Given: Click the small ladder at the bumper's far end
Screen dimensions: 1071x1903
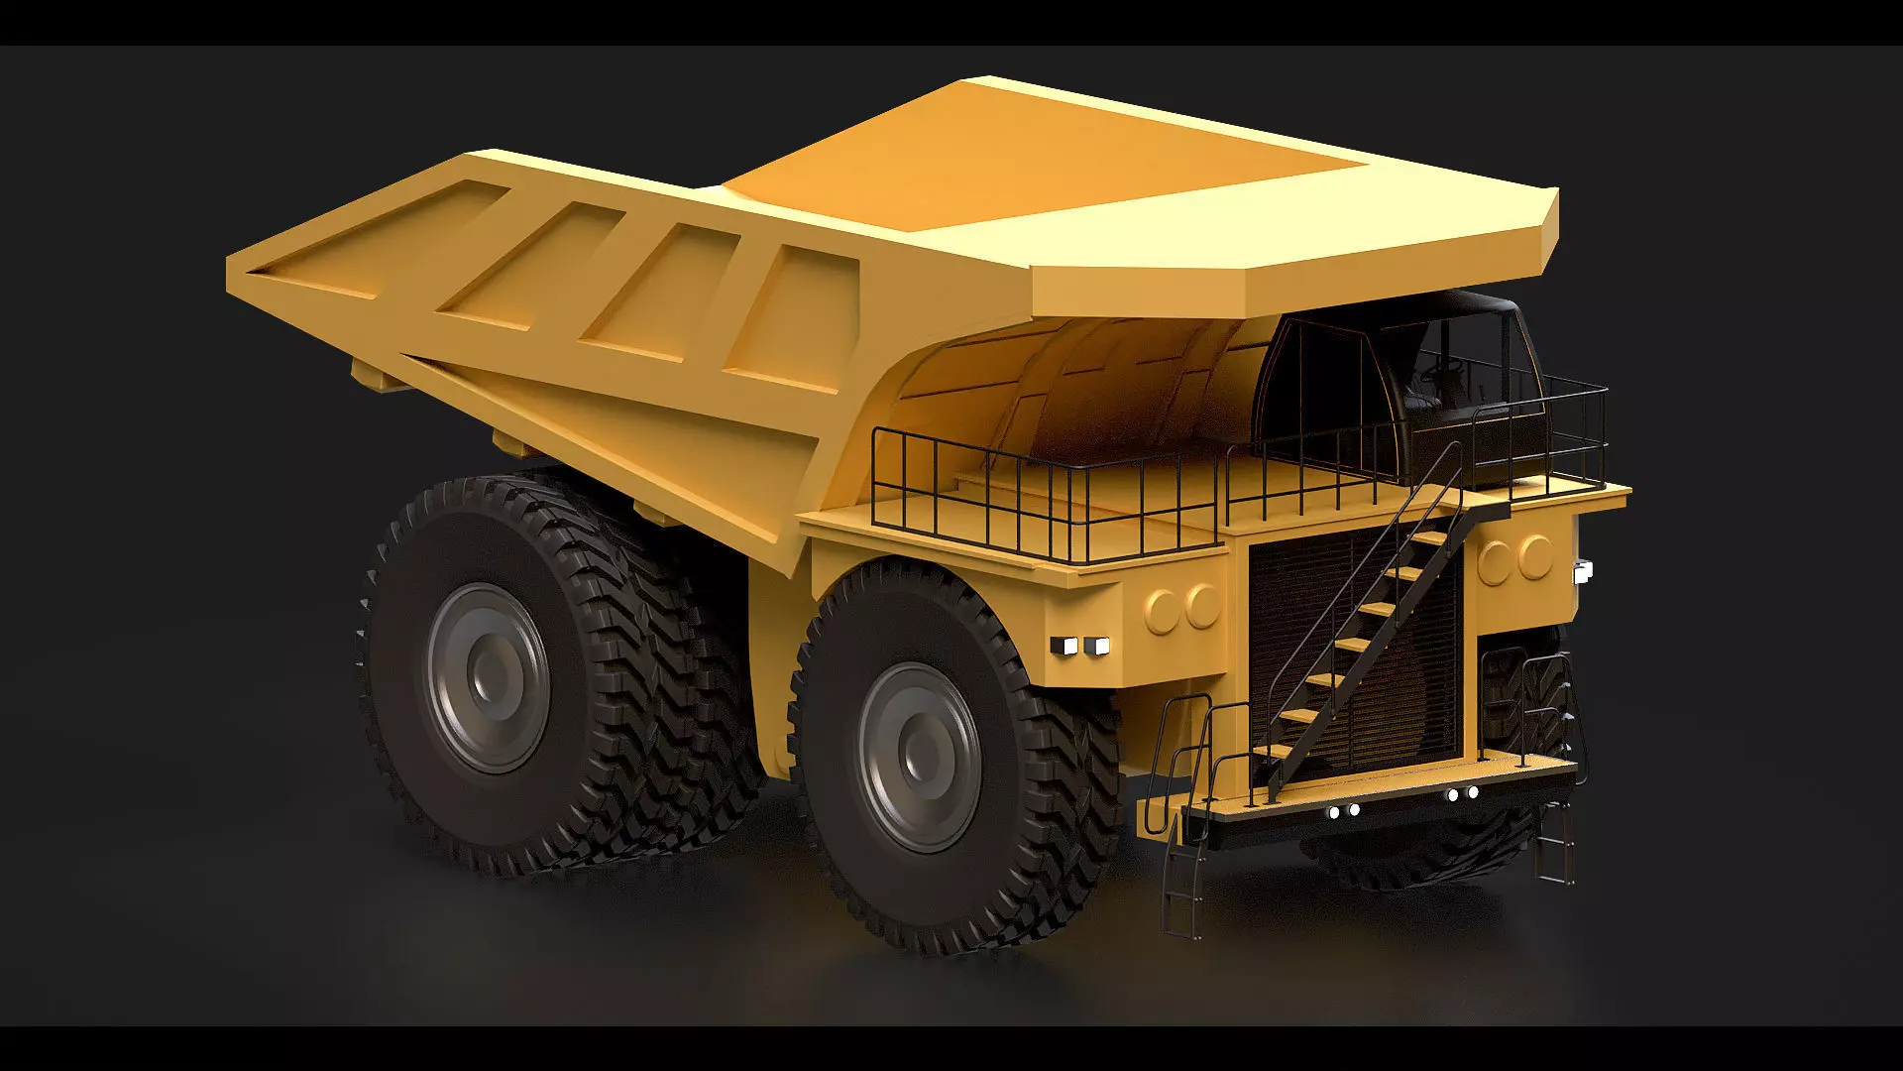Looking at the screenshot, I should tap(1555, 843).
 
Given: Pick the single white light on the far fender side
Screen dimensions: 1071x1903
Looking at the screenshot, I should tap(1582, 569).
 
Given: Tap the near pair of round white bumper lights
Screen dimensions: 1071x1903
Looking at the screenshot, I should tap(1343, 811).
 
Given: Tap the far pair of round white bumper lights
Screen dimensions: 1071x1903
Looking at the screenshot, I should tap(1462, 793).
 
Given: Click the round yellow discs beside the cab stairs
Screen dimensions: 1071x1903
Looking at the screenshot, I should tap(1515, 558).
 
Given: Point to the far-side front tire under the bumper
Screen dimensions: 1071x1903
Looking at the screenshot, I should tap(1427, 853).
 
